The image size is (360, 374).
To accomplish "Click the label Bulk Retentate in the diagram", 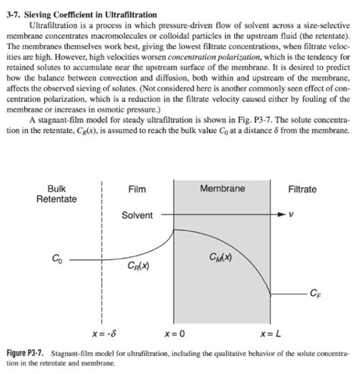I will point(56,194).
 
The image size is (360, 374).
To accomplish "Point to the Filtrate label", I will point(302,189).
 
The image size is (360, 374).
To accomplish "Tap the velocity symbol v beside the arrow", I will point(292,215).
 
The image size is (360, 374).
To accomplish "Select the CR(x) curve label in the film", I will point(137,266).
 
